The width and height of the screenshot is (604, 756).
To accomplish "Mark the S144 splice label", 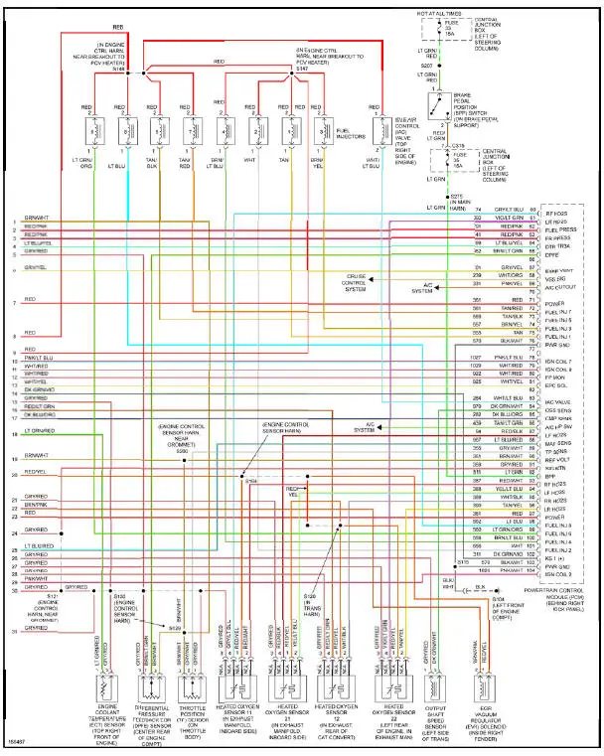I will coord(118,71).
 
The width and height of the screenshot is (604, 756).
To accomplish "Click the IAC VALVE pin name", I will coord(555,401).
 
